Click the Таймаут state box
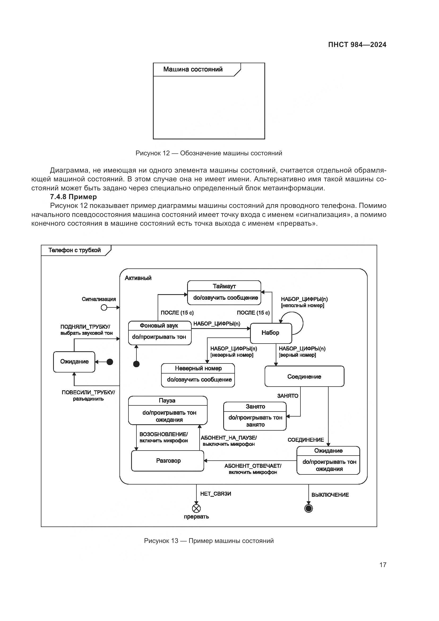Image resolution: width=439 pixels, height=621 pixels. pyautogui.click(x=224, y=293)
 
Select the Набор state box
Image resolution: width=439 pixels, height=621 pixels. pyautogui.click(x=271, y=333)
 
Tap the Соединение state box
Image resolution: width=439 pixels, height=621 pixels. pyautogui.click(x=304, y=376)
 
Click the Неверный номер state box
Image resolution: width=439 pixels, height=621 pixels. pyautogui.click(x=198, y=375)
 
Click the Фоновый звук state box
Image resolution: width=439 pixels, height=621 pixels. pyautogui.click(x=160, y=333)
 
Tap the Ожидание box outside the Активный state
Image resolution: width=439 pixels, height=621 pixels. pyautogui.click(x=74, y=362)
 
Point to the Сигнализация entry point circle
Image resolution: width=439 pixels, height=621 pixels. pyautogui.click(x=104, y=307)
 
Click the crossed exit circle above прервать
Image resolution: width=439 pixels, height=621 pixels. pyautogui.click(x=196, y=508)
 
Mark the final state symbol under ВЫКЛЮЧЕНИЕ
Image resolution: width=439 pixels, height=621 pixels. pyautogui.click(x=308, y=508)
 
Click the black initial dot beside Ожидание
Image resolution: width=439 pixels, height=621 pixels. pyautogui.click(x=110, y=362)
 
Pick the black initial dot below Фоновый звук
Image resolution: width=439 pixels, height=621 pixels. pyautogui.click(x=136, y=364)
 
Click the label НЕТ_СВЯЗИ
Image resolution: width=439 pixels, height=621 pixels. pyautogui.click(x=216, y=494)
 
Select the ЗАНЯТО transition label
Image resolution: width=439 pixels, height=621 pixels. pyautogui.click(x=288, y=396)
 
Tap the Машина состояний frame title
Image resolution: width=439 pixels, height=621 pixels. pyautogui.click(x=193, y=69)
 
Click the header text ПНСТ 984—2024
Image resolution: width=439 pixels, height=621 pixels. pyautogui.click(x=357, y=45)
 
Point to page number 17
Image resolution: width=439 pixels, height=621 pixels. pyautogui.click(x=383, y=565)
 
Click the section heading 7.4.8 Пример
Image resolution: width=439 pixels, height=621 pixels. pyautogui.click(x=73, y=197)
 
